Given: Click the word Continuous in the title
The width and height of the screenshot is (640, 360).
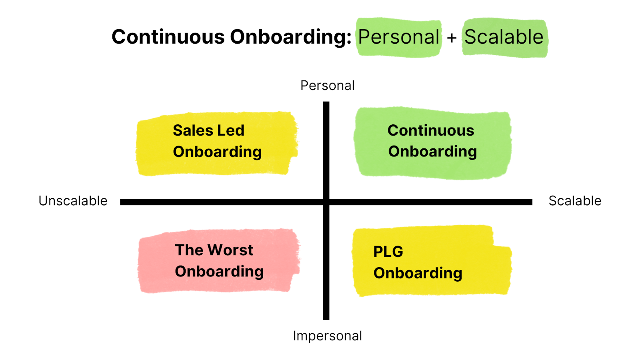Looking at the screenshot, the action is click(x=168, y=37).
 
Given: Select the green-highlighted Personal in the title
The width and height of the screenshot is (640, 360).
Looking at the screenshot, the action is click(x=399, y=37).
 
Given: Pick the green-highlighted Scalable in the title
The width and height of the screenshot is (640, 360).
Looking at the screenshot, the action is click(x=504, y=37).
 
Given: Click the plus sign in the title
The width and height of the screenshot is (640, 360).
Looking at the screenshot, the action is click(x=452, y=38).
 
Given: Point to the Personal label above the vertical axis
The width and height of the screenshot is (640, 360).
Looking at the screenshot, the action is click(x=327, y=86).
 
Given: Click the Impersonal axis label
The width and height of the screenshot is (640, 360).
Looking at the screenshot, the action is click(x=327, y=336).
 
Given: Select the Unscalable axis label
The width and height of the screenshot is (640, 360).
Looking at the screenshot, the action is click(x=73, y=201).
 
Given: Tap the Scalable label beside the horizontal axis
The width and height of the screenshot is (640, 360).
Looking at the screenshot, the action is click(x=575, y=201).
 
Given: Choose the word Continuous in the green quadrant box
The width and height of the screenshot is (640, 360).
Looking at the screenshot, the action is click(x=431, y=130).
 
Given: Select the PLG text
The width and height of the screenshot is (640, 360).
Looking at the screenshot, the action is click(x=388, y=252).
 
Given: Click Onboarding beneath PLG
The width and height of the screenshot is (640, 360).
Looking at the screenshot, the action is click(x=418, y=273).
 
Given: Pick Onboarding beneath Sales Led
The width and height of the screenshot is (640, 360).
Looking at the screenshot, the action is click(x=217, y=152).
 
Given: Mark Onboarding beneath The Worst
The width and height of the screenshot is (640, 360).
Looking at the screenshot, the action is click(x=219, y=272).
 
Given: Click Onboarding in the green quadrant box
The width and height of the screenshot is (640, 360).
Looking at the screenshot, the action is click(x=432, y=152).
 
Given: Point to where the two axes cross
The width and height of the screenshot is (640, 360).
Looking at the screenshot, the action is click(x=326, y=202).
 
